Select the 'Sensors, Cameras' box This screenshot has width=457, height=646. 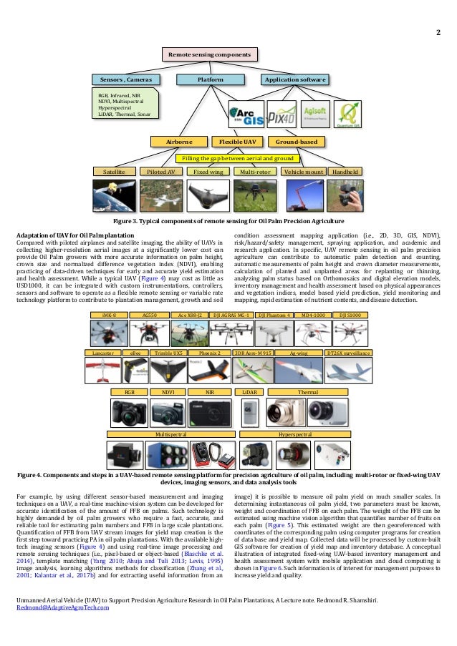(125, 79)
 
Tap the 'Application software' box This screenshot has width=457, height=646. (295, 79)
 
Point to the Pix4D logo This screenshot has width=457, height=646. (282, 114)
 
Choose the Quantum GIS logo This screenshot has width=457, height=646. (350, 114)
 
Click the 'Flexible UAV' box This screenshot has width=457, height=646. (239, 142)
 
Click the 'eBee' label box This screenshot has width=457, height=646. (134, 353)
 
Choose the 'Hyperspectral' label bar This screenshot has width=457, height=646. (299, 434)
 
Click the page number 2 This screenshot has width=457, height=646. (438, 32)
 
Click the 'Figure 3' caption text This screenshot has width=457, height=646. (228, 220)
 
